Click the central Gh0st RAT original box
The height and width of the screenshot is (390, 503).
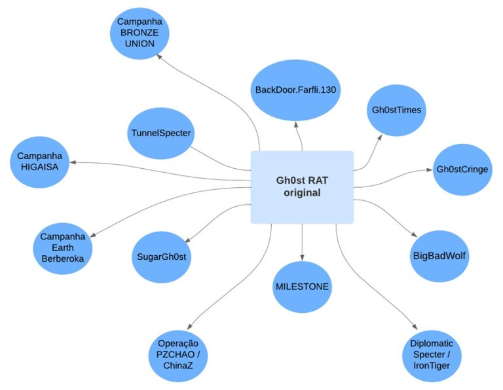tap(302, 187)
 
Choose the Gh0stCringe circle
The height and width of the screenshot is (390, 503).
tap(462, 169)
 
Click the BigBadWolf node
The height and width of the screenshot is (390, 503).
tap(439, 255)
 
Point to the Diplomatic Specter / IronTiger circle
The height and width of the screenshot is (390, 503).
tap(432, 354)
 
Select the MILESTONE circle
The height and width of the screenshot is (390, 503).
tap(302, 287)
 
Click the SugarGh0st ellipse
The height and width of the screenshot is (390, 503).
tap(160, 256)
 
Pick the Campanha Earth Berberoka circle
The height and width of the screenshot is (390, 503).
tap(63, 247)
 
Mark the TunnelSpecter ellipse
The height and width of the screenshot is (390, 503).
tap(160, 133)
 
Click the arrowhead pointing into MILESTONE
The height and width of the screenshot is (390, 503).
tap(302, 258)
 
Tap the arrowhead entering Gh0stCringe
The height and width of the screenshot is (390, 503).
tap(430, 170)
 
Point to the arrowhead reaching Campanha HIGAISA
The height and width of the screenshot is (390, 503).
tap(75, 162)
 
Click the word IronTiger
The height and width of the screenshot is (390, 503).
tap(432, 365)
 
